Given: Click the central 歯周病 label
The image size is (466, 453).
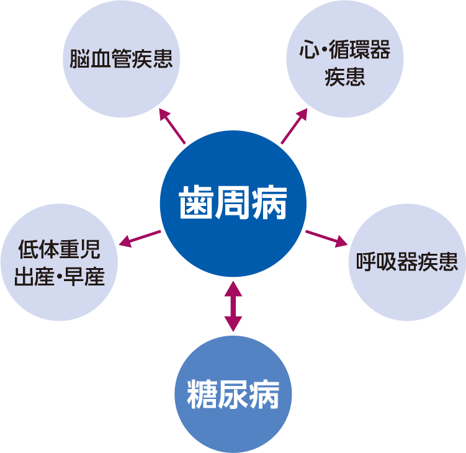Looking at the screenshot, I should pos(233,203).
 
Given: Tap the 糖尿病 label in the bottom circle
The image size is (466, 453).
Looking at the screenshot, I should pos(233,393).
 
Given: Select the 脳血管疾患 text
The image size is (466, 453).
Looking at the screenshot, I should pos(120,60).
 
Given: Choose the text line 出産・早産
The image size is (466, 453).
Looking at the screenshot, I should pos(59,276).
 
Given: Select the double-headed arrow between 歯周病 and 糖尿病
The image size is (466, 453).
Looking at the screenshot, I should pos(233,305).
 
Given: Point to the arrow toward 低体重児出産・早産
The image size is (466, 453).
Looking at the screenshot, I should pos(140,238).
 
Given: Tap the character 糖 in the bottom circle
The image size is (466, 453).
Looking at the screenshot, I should pos(200,393).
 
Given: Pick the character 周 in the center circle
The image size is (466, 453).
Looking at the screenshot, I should pos(233,203).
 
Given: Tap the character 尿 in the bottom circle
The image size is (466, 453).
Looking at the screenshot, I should pos(233,393).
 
